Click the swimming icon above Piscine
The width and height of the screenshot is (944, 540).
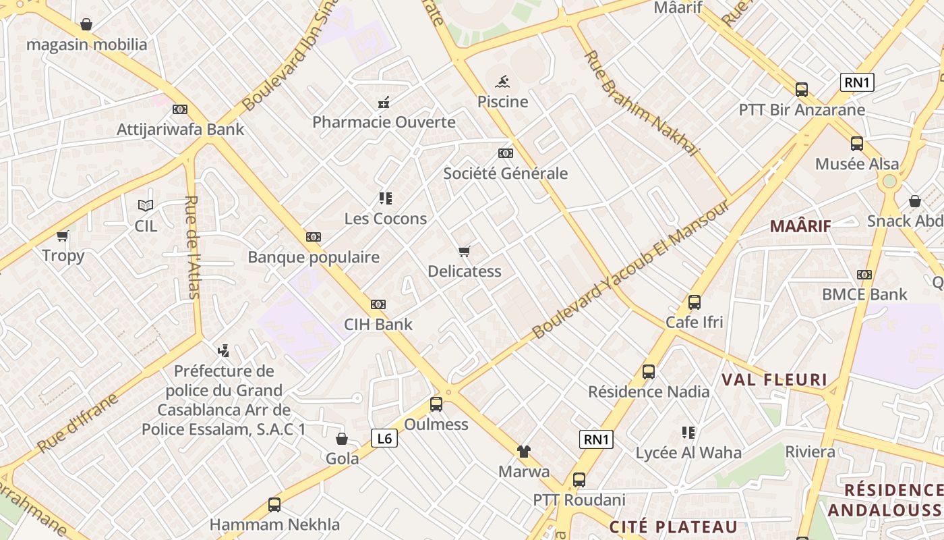tap(502, 82)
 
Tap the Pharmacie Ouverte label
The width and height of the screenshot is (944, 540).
tap(384, 122)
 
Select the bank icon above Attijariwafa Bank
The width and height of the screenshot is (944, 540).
tap(180, 109)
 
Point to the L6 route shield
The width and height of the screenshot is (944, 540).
tap(384, 439)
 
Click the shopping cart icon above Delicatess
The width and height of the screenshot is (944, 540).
tap(464, 252)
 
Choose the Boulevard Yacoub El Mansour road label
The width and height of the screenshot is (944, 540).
tap(631, 269)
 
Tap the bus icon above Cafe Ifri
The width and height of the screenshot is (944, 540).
tap(695, 302)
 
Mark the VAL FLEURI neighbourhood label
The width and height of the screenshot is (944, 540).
tap(774, 379)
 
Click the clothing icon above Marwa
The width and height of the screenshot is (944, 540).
tap(524, 452)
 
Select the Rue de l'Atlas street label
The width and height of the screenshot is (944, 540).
tap(193, 247)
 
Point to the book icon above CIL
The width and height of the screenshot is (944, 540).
tap(146, 205)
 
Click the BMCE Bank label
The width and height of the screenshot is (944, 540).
tap(864, 294)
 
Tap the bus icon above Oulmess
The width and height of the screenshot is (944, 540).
tap(436, 404)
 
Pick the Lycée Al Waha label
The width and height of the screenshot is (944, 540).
tap(688, 452)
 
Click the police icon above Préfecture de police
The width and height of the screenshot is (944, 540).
tap(224, 350)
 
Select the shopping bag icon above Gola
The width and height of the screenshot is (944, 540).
tap(342, 439)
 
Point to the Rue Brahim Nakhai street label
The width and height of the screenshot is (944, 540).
tap(642, 103)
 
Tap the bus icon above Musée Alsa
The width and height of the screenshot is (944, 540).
tap(857, 143)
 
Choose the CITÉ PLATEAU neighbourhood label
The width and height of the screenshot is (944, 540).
tap(673, 526)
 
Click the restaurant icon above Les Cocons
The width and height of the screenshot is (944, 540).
tap(386, 198)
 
